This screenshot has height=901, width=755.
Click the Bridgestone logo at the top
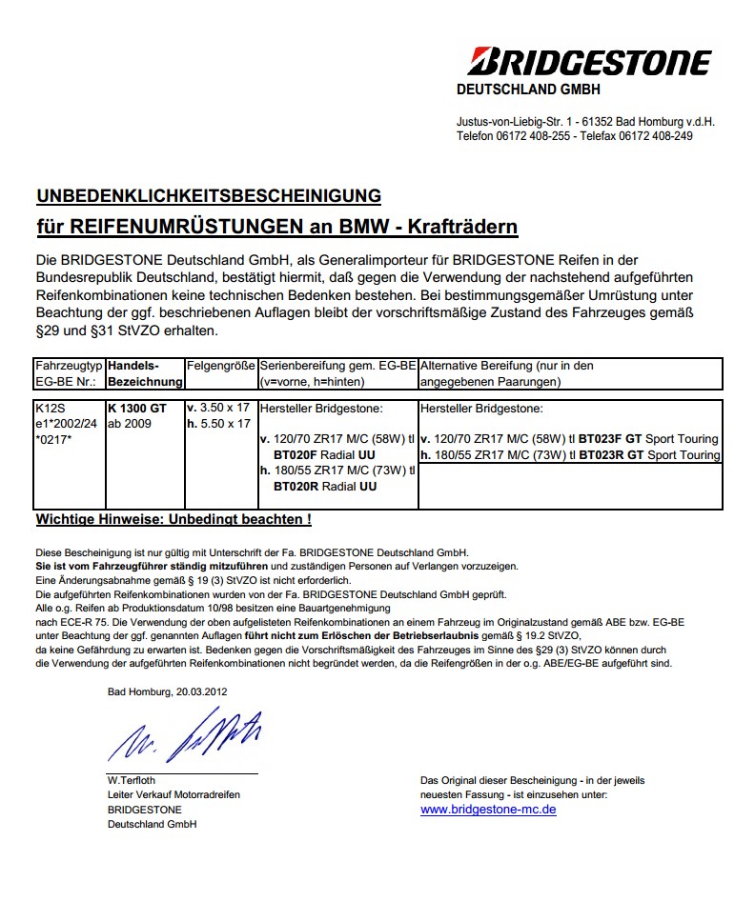point(588,63)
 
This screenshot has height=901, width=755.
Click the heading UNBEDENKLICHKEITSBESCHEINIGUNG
point(209,196)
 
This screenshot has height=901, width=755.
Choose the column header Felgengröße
point(220,366)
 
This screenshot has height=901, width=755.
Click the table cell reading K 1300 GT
point(137,408)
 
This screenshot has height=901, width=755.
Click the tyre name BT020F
point(296,455)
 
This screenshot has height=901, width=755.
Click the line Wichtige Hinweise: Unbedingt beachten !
point(173,519)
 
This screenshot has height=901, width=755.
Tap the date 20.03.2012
point(201,691)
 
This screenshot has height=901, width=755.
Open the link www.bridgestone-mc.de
point(488,810)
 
